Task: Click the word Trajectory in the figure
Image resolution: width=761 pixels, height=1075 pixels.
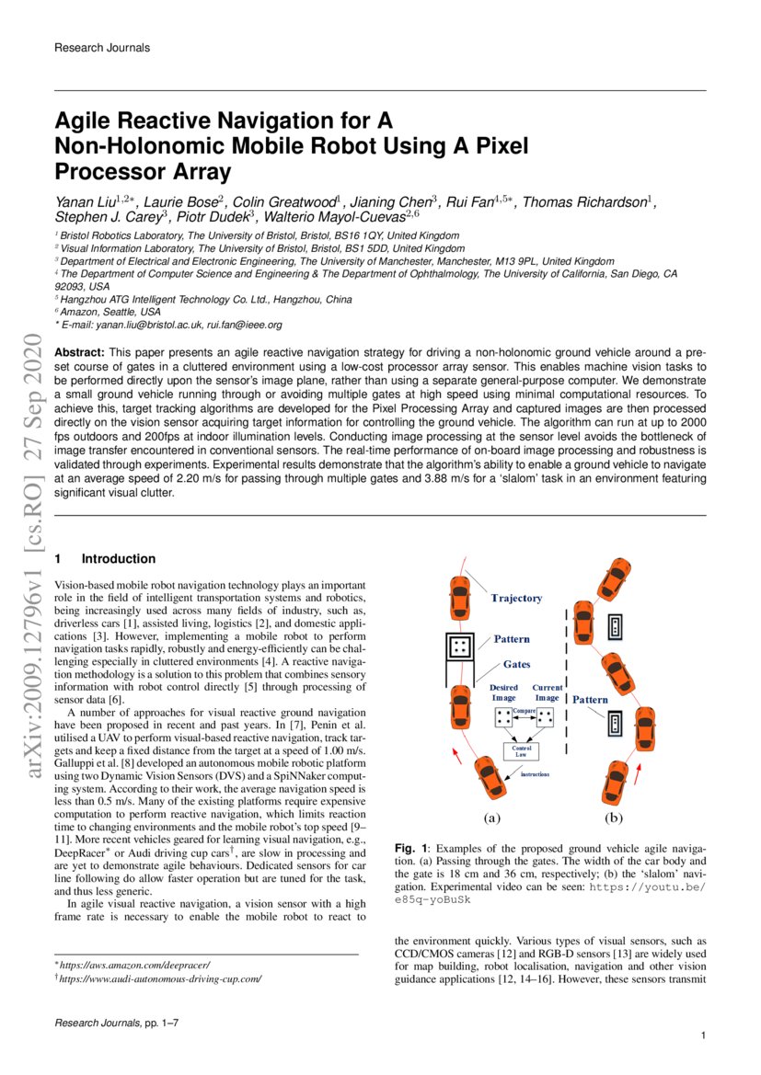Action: [516, 598]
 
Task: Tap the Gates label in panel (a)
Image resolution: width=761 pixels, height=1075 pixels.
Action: [516, 663]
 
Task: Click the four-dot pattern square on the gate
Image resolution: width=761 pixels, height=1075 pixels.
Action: [459, 646]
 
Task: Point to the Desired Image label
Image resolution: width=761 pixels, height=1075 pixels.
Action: [503, 692]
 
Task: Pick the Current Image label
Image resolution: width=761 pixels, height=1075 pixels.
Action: [548, 692]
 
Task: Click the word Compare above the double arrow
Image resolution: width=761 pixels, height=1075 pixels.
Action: [525, 711]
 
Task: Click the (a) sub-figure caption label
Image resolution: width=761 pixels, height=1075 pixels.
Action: [492, 817]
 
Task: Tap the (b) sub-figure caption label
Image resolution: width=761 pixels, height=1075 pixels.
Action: [614, 817]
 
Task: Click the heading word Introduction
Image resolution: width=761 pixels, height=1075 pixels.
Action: [119, 558]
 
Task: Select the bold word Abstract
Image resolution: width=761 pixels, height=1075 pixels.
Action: [79, 352]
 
